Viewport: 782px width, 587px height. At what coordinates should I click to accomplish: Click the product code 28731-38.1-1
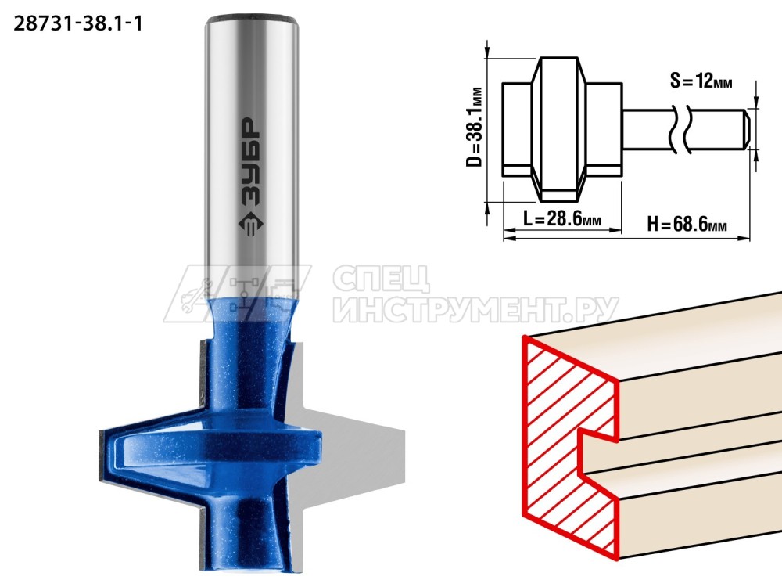pos(77,23)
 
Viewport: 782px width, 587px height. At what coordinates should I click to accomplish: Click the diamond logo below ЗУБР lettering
pos(251,225)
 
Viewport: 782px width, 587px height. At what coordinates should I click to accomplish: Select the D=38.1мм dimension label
pos(475,127)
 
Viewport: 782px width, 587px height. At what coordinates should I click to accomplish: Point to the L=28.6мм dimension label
pos(562,218)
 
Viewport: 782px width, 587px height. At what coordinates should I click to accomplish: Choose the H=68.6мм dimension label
pos(687,224)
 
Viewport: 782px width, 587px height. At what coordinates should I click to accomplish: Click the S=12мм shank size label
pos(701,80)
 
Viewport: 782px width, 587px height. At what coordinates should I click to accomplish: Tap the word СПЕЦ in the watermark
pos(382,279)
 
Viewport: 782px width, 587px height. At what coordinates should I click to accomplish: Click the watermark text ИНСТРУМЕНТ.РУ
pos(476,310)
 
